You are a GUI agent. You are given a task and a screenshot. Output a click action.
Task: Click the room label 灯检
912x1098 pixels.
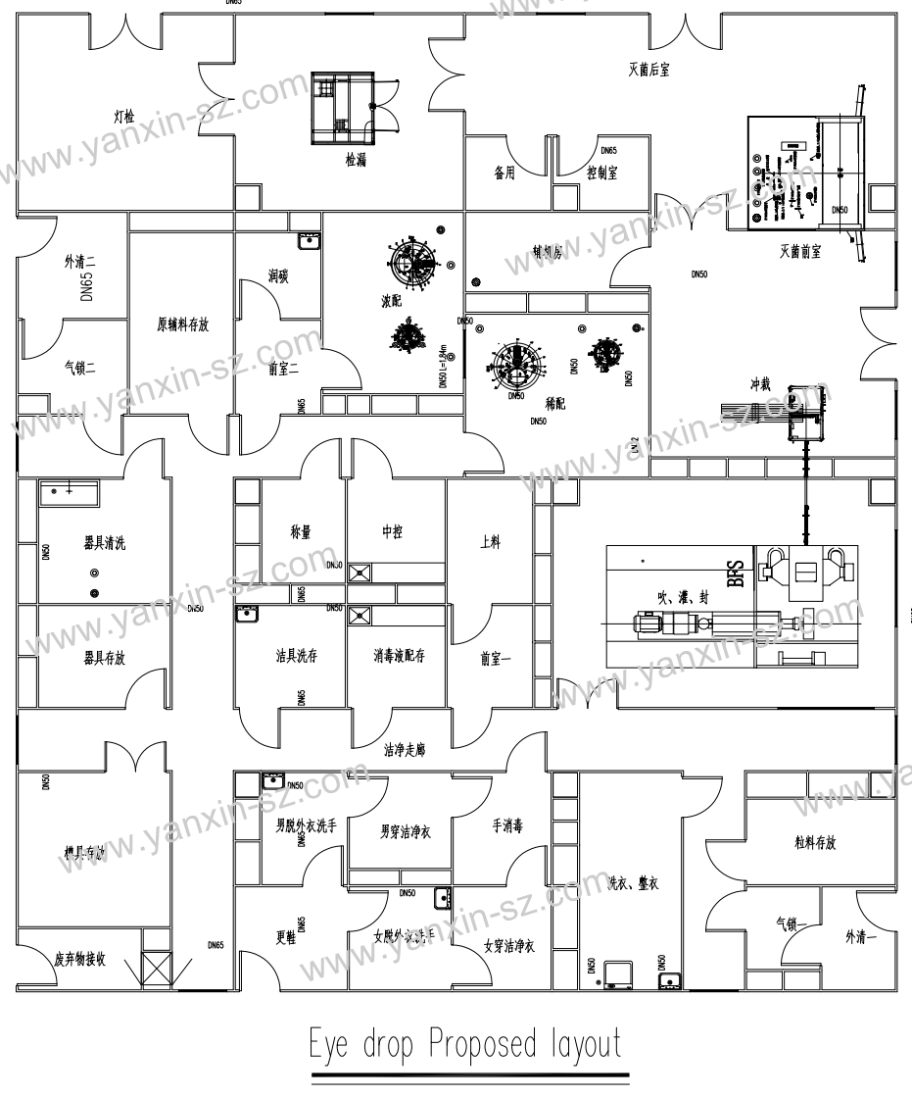tap(124, 116)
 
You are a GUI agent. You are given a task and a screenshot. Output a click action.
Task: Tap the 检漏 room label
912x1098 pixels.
tap(355, 160)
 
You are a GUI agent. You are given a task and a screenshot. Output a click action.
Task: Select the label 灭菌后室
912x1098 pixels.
tap(649, 70)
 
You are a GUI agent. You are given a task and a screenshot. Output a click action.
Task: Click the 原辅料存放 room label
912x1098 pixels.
tap(182, 325)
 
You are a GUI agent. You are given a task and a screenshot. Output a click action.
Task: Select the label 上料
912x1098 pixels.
tap(491, 542)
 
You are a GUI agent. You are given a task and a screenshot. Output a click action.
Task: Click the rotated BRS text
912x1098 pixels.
tap(736, 573)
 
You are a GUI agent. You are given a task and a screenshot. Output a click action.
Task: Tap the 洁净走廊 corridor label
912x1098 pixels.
tap(407, 751)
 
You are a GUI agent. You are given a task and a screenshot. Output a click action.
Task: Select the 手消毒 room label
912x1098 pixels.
tap(505, 826)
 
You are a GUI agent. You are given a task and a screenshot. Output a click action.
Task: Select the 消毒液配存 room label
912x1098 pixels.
tap(398, 656)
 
